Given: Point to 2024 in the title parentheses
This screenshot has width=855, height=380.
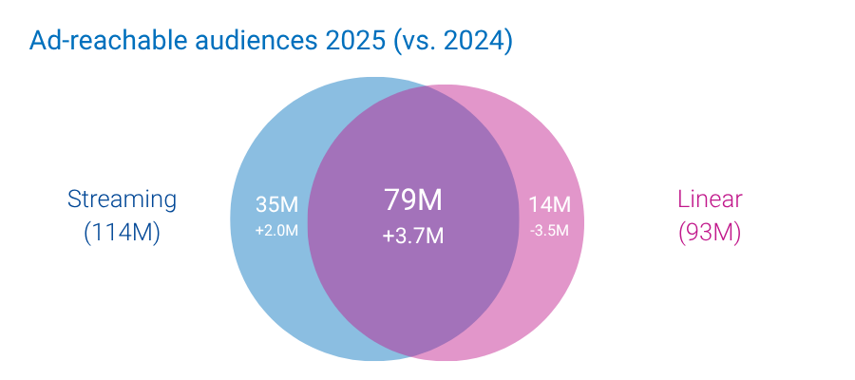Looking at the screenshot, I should pos(469,42).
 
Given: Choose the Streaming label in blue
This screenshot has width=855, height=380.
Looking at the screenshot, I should pos(122,199).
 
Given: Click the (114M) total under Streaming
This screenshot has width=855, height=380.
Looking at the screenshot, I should pos(122,233).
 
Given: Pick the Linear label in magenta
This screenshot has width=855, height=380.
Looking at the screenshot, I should pos(710,199).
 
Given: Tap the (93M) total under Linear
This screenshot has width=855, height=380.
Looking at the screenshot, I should pos(710,233).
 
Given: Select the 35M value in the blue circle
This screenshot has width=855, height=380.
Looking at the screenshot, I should pos(276,204).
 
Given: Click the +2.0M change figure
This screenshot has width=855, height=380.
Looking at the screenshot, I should pos(276,230).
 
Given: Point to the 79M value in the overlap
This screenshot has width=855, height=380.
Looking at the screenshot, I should pos(413,200).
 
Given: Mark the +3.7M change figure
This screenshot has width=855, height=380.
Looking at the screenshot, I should pos(413,236).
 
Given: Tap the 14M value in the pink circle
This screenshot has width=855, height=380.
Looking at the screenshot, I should pos(549,204).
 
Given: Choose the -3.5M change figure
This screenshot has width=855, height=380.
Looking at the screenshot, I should pos(549,230).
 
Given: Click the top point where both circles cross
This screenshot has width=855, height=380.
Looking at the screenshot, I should pos(413,88).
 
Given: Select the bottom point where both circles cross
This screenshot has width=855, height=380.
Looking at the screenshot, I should pos(413,355).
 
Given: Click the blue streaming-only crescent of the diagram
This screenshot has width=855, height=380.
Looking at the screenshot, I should pos(266,285).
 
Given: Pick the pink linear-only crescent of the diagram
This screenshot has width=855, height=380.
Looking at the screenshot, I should pos(556,285).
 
